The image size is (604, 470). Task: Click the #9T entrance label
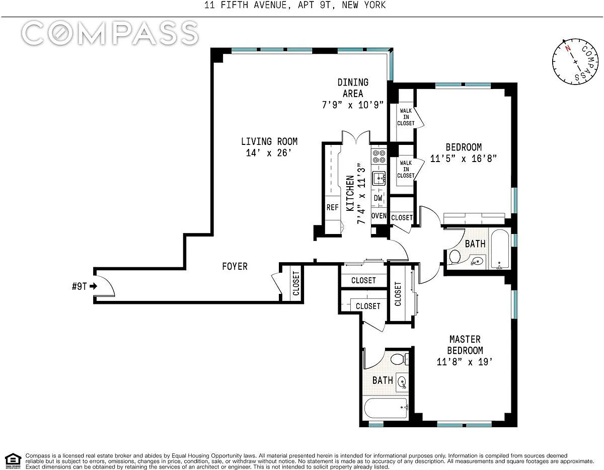tap(79, 286)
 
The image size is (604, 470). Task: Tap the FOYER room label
tap(235, 266)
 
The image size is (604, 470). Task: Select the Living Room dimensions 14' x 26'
tap(269, 153)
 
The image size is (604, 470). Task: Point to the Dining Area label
tap(353, 88)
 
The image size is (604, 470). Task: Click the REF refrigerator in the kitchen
tap(332, 207)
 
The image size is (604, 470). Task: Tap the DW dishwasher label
tap(378, 198)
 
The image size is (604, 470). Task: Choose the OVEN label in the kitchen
tap(379, 216)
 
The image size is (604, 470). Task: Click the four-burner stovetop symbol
tap(379, 156)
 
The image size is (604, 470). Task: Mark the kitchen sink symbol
tap(379, 178)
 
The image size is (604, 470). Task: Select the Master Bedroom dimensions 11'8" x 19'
tap(465, 362)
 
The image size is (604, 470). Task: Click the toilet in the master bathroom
tap(400, 359)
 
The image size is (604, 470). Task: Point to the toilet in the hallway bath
tap(455, 257)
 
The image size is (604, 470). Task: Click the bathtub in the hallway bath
tap(500, 249)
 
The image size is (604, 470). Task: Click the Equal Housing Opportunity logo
tap(13, 461)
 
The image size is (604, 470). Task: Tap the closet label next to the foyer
tap(296, 283)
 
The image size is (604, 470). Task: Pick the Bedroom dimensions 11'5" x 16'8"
tap(464, 159)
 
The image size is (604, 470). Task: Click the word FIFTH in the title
tap(234, 5)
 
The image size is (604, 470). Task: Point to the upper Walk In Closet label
tap(406, 117)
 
